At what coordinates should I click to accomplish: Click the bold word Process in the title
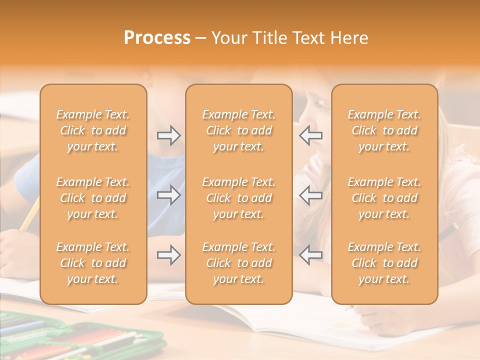(x=157, y=37)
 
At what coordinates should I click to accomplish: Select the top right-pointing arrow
(x=169, y=135)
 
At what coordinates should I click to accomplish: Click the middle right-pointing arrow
(x=169, y=195)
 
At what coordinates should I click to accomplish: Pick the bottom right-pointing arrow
(x=169, y=255)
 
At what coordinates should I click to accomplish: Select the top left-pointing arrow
(x=311, y=135)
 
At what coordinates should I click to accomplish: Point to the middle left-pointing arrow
(x=311, y=195)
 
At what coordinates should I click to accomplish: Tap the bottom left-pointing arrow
(x=311, y=255)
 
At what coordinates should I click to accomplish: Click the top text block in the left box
(x=93, y=130)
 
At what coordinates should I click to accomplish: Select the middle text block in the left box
(x=93, y=198)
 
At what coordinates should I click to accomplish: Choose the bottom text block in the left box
(x=93, y=263)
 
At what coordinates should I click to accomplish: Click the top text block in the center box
(x=239, y=130)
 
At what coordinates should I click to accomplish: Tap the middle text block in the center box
(x=239, y=198)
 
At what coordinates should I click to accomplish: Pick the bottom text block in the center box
(x=239, y=263)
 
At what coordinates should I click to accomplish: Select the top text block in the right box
(x=384, y=130)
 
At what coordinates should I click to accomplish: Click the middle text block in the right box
(x=384, y=198)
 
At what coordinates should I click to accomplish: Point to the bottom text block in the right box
(x=384, y=263)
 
